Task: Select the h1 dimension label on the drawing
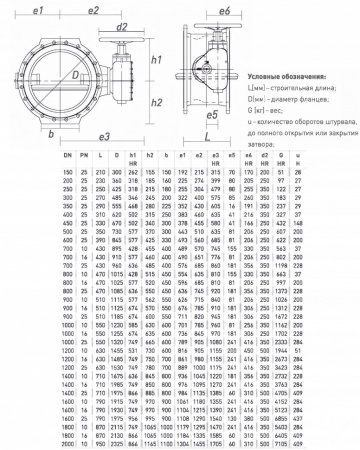(x=157, y=61)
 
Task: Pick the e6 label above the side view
(x=226, y=9)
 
